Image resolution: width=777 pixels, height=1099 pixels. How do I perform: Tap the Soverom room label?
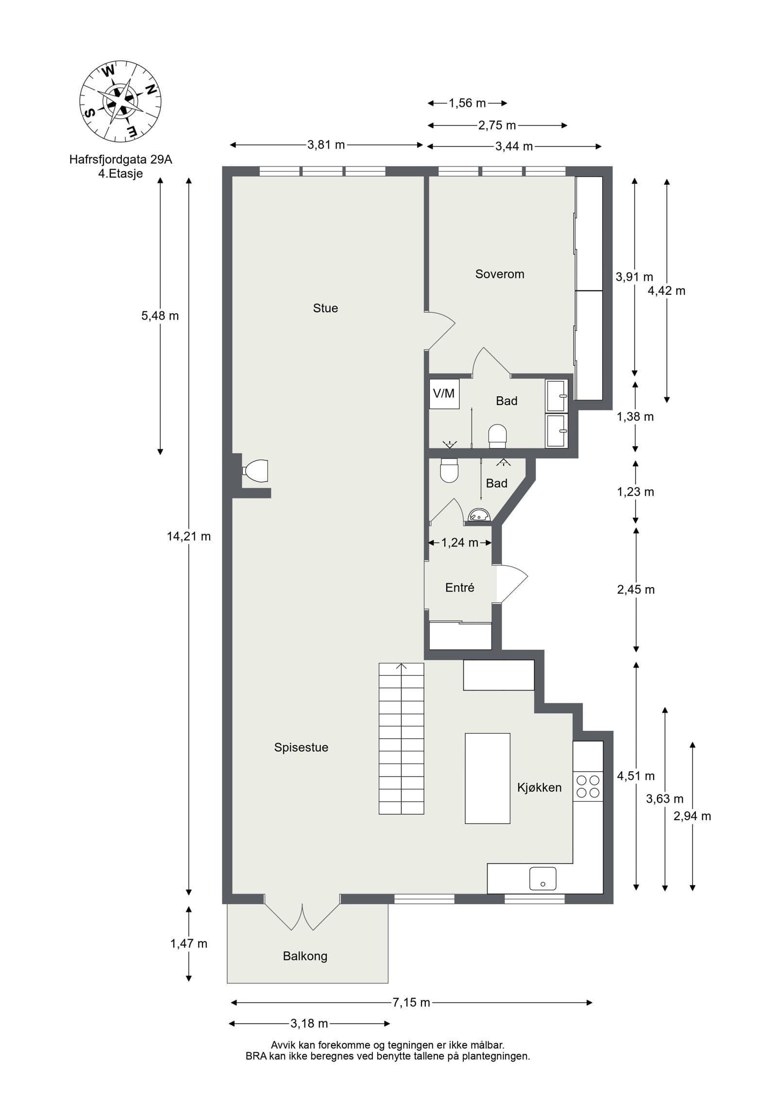(499, 274)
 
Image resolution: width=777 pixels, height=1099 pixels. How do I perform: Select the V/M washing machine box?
(444, 393)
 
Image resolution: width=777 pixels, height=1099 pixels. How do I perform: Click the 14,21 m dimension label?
(189, 536)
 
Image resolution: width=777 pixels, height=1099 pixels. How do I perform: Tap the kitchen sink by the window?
(542, 878)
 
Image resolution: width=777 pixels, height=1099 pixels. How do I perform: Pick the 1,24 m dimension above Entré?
(459, 542)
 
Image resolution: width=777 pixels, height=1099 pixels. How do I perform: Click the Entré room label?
(459, 588)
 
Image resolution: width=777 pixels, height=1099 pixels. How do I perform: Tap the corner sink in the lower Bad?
(479, 515)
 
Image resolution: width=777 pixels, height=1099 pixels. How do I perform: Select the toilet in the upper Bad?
(497, 435)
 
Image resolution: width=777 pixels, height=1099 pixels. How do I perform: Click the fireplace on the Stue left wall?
(255, 471)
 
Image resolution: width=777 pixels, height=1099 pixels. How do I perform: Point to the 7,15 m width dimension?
(411, 1002)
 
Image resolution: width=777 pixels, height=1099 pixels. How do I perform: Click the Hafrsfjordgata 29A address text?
(120, 159)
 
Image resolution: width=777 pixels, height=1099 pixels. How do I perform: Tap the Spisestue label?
(301, 747)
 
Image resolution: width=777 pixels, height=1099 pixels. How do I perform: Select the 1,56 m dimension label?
(467, 103)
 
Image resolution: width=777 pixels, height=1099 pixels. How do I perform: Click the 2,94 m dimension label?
(692, 816)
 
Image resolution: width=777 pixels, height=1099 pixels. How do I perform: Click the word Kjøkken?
(539, 788)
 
